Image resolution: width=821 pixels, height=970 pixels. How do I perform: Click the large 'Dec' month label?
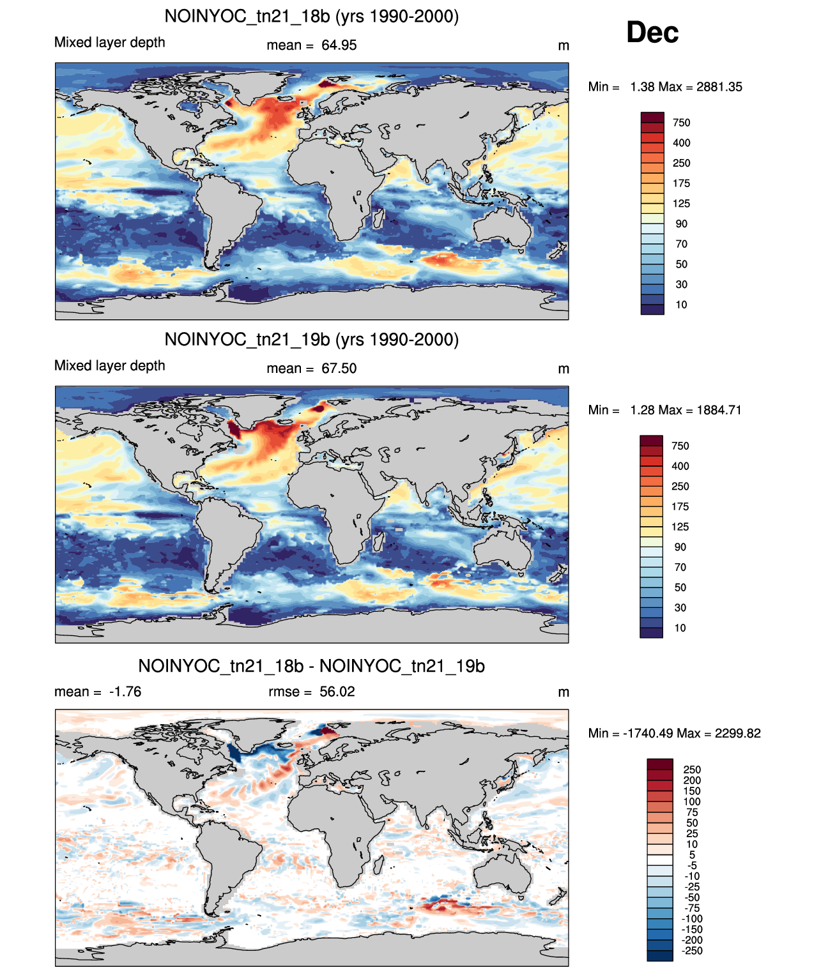click(652, 33)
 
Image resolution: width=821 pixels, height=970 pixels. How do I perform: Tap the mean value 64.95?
click(339, 45)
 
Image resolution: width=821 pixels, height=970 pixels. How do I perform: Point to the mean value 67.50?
click(339, 368)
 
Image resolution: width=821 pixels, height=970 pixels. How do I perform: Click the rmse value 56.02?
click(337, 692)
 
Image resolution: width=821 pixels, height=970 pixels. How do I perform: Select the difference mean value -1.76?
click(125, 692)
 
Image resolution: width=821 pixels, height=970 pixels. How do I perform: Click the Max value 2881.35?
click(719, 87)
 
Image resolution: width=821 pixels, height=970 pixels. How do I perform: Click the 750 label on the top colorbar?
click(681, 123)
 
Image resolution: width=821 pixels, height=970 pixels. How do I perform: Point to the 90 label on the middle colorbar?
click(680, 547)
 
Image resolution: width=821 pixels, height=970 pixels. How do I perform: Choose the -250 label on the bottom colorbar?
click(692, 951)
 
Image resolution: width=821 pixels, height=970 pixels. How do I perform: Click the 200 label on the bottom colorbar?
click(692, 780)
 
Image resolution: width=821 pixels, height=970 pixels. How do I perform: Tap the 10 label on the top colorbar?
click(681, 305)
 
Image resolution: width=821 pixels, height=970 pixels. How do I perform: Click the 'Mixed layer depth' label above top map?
click(110, 42)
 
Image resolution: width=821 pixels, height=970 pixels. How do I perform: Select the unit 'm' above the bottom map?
click(564, 692)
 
